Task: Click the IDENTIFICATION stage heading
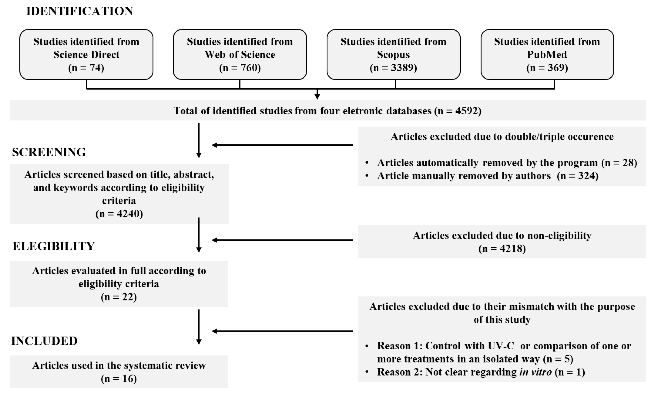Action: point(80,11)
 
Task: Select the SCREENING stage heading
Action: point(49,152)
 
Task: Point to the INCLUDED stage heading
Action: point(44,341)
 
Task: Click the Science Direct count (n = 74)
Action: point(86,68)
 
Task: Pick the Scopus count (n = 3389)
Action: point(394,68)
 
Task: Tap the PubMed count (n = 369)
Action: point(547,68)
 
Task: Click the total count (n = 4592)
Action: point(458,111)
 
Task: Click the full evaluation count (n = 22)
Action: point(119,297)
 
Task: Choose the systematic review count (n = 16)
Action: point(119,379)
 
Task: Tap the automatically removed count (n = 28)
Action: point(619,163)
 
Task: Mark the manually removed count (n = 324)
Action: point(578,176)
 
